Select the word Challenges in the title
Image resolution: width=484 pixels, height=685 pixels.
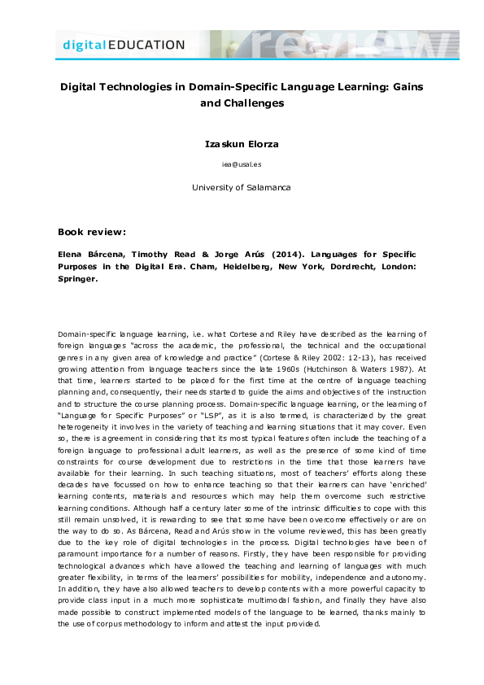pos(255,103)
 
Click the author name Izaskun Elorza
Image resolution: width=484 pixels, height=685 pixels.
pos(241,144)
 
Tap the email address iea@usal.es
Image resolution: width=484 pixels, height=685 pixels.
pos(241,164)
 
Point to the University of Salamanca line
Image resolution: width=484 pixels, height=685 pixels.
pos(241,187)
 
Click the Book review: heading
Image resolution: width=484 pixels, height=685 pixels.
pos(92,232)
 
